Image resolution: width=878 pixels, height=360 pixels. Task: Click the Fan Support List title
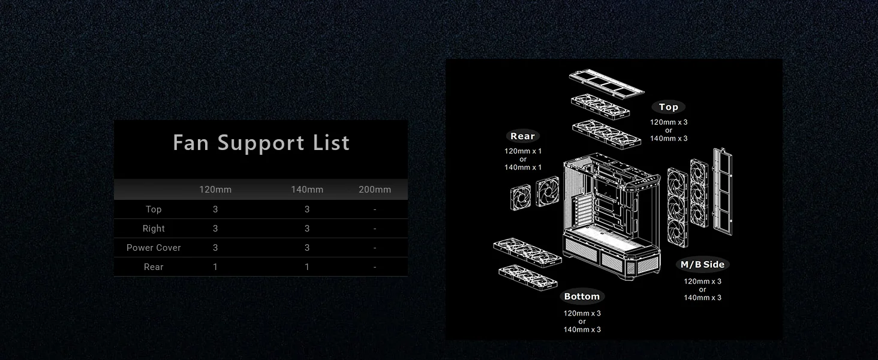click(x=261, y=142)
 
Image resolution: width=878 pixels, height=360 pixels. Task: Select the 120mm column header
click(x=215, y=190)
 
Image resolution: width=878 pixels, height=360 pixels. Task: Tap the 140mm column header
click(x=307, y=190)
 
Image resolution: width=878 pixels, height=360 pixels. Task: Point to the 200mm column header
click(x=375, y=190)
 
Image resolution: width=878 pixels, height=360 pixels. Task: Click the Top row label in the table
click(x=154, y=209)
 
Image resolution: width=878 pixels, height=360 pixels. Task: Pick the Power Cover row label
click(x=154, y=248)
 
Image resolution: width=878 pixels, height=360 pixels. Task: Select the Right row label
click(x=154, y=229)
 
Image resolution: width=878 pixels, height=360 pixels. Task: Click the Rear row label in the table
click(x=154, y=267)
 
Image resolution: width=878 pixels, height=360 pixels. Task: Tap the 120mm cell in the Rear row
click(x=215, y=267)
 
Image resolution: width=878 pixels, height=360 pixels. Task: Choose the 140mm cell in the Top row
click(x=307, y=209)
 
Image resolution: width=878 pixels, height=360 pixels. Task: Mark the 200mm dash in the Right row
click(x=375, y=229)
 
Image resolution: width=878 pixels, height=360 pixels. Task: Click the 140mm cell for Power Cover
click(x=307, y=248)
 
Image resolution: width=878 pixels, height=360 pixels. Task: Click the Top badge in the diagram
click(x=668, y=107)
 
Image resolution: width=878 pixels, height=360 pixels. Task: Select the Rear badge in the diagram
click(x=522, y=136)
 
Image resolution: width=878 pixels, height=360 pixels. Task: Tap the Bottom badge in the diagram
click(x=582, y=296)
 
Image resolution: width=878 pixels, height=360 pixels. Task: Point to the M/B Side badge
click(x=702, y=265)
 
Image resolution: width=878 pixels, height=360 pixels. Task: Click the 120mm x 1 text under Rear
click(x=523, y=151)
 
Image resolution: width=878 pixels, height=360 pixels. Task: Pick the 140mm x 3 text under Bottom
click(x=582, y=330)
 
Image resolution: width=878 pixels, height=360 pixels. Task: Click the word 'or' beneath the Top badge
click(x=669, y=131)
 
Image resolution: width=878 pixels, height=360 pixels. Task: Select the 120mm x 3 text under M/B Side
click(x=702, y=281)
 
